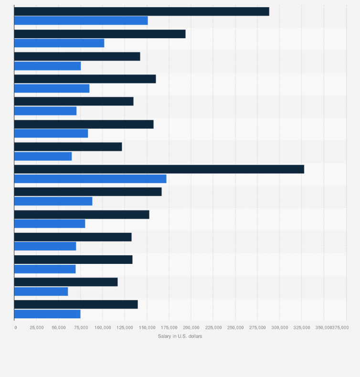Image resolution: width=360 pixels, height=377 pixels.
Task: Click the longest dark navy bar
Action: pos(159,169)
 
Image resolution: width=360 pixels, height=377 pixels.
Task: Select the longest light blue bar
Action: pos(90,179)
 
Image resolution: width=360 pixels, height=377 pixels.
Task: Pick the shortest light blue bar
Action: pos(41,292)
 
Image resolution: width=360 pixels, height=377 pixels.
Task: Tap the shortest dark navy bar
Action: pos(66,282)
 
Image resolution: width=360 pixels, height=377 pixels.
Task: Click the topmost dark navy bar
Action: pos(142,11)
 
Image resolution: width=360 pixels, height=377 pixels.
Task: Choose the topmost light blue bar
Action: pos(81,21)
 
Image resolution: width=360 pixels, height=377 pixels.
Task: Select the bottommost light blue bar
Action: pos(47,314)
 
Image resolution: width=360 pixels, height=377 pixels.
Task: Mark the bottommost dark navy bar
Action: pos(76,304)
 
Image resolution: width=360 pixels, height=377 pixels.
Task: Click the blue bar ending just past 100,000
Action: pos(59,43)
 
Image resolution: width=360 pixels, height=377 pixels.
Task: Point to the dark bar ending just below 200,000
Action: pos(100,34)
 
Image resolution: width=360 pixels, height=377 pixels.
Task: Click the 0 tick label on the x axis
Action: pos(15,327)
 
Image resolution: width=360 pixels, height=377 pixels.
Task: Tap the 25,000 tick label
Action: pos(37,327)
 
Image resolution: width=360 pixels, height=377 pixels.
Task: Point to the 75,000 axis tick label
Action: pos(81,327)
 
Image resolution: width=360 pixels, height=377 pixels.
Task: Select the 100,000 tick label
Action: pos(103,327)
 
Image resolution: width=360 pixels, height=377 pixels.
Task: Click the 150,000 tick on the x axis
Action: pos(147,327)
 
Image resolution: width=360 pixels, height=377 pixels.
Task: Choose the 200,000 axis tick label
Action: pos(191,327)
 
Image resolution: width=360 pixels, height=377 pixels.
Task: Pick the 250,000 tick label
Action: pos(235,327)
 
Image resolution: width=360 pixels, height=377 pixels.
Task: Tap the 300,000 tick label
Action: pos(279,327)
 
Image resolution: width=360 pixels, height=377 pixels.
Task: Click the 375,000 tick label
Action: pos(340,327)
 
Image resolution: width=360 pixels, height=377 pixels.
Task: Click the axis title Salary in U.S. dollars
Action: pos(180,336)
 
